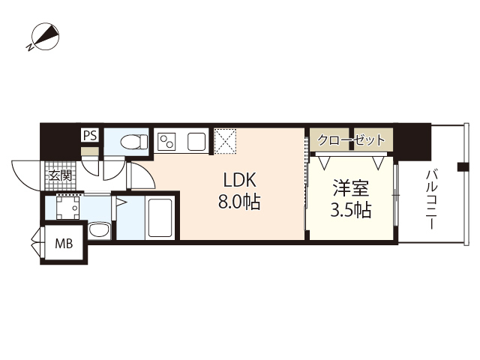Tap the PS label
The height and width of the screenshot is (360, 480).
click(89, 136)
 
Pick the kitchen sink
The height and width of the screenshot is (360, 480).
click(196, 140)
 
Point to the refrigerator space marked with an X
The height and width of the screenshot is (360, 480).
click(226, 140)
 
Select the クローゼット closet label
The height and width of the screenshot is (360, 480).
click(351, 139)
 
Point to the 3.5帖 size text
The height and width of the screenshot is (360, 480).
click(351, 210)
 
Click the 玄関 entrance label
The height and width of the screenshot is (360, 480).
click(60, 176)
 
